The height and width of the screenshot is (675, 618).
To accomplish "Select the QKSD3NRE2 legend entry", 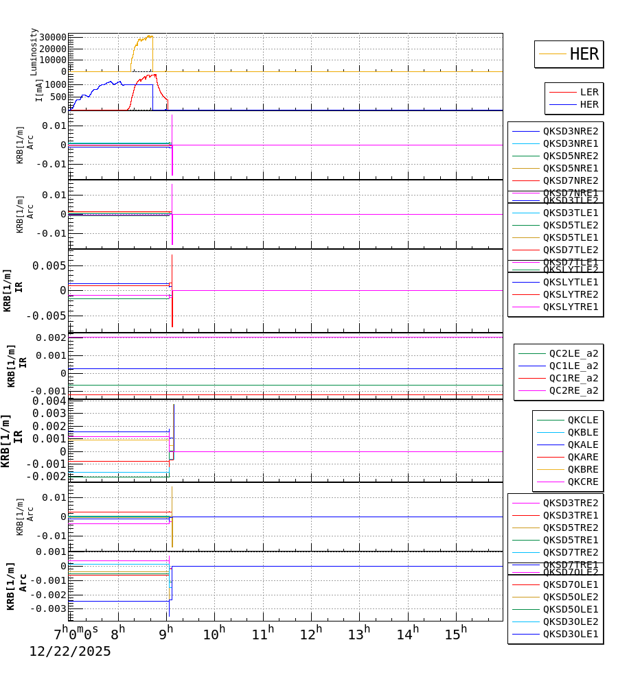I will point(571,131).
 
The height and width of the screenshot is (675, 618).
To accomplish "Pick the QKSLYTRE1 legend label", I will point(571,307).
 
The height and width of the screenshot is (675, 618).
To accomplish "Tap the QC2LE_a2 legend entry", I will point(573,353).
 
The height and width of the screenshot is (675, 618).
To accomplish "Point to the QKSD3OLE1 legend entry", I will point(571,634).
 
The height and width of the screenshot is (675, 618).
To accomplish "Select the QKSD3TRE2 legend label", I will point(571,503).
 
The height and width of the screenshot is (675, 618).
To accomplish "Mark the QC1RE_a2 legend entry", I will point(573,378).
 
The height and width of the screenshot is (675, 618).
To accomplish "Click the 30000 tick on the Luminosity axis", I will point(53,38).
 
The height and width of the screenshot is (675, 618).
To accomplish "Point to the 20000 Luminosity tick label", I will point(53,49).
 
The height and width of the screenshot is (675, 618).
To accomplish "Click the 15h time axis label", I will point(455,633).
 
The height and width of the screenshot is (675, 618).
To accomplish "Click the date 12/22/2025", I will point(69,652).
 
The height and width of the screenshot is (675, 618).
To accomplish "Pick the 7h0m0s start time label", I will point(76,632).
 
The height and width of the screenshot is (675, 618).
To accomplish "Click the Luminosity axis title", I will point(34,51).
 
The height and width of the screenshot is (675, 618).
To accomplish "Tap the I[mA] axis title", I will point(39,89).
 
